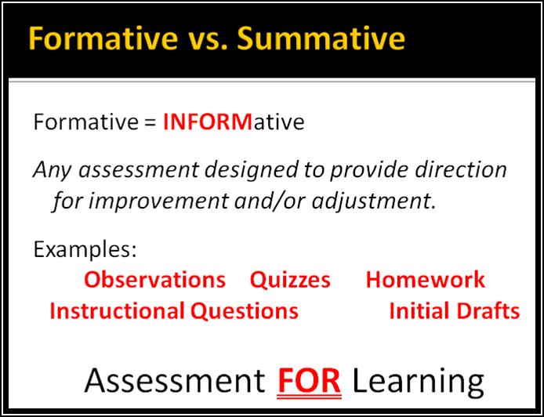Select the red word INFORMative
(233, 123)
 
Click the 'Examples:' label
(85, 250)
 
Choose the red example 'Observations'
(154, 280)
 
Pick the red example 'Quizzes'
(290, 280)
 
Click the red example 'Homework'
(425, 280)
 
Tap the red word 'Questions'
(244, 311)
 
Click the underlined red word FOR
(310, 381)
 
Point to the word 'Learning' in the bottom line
(418, 381)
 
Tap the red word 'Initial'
(416, 311)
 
